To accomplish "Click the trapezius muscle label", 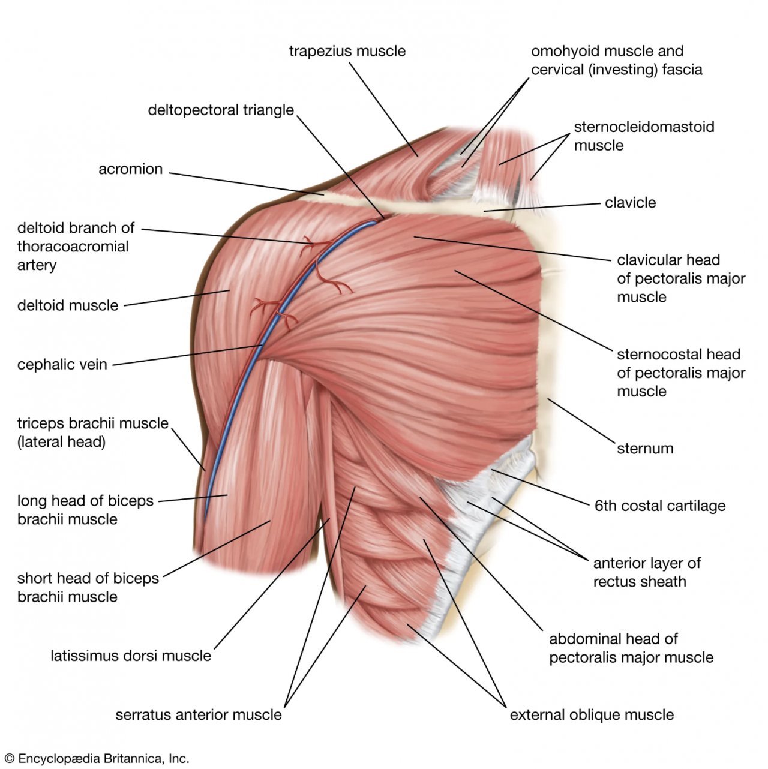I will pyautogui.click(x=347, y=52).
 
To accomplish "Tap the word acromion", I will pyautogui.click(x=130, y=169).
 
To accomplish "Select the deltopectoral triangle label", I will pyautogui.click(x=221, y=110).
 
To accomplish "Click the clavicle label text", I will pyautogui.click(x=630, y=203).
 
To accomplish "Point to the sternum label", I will pyautogui.click(x=645, y=449).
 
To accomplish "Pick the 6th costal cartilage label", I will pyautogui.click(x=659, y=506).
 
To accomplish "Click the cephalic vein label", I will pyautogui.click(x=62, y=365).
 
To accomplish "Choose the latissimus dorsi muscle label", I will pyautogui.click(x=131, y=656).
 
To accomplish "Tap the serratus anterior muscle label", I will pyautogui.click(x=198, y=715).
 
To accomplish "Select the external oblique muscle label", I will pyautogui.click(x=592, y=715).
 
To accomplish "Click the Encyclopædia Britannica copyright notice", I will pyautogui.click(x=96, y=759).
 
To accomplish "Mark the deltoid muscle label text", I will pyautogui.click(x=68, y=305).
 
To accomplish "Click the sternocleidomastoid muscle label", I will pyautogui.click(x=643, y=136).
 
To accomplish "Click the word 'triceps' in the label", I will pyautogui.click(x=41, y=423).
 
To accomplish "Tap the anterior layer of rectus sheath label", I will pyautogui.click(x=646, y=572).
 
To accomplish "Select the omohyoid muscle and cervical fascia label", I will pyautogui.click(x=616, y=61).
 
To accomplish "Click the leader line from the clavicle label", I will pyautogui.click(x=546, y=208).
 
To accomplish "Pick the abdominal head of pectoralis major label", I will pyautogui.click(x=631, y=648).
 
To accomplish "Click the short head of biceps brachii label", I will pyautogui.click(x=88, y=588).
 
